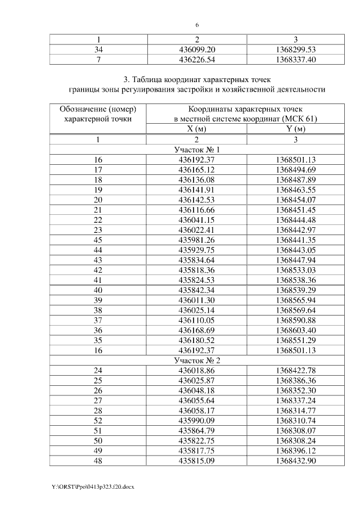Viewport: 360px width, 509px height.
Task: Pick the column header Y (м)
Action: point(295,129)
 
